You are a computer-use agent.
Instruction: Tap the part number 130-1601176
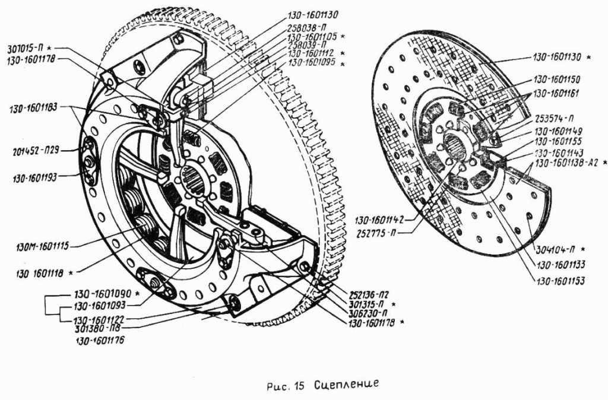pyautogui.click(x=101, y=341)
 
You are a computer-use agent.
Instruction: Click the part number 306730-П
pyautogui.click(x=368, y=313)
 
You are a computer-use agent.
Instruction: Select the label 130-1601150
pyautogui.click(x=556, y=79)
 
